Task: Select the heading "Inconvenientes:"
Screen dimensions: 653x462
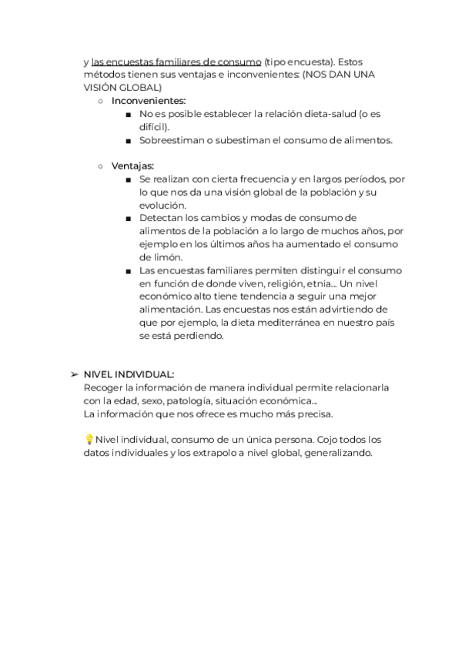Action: click(149, 101)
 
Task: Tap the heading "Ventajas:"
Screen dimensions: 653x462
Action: click(132, 166)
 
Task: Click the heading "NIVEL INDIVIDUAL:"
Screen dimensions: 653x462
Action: click(129, 373)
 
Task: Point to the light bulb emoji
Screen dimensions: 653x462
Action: click(89, 440)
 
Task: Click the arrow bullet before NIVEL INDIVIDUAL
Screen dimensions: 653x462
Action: click(74, 373)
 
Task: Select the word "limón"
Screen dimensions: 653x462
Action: click(159, 257)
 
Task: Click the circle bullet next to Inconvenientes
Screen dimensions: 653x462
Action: click(101, 101)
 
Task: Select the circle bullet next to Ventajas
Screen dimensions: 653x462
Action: click(101, 166)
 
